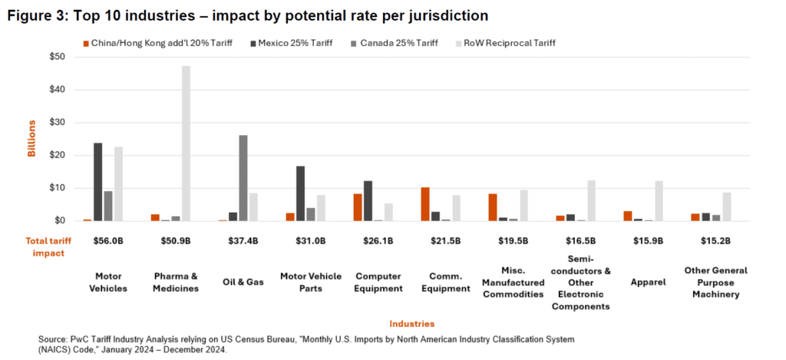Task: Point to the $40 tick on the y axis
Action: click(x=57, y=89)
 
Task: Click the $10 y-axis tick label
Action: click(x=57, y=188)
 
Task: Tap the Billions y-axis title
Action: click(x=32, y=139)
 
